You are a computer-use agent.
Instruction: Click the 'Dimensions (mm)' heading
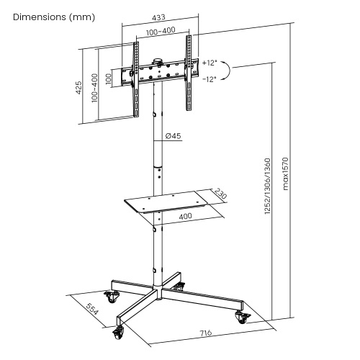coord(54,17)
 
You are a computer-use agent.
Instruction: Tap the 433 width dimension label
coord(158,17)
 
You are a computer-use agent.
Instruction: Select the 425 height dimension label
coord(78,87)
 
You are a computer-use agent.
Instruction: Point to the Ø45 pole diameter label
coord(174,136)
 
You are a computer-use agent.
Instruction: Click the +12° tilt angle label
coord(210,63)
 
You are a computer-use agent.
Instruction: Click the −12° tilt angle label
coord(210,79)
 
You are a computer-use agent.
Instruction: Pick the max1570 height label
coord(285,174)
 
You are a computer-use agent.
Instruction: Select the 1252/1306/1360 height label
coord(267,186)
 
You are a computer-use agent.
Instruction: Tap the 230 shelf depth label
coord(220,194)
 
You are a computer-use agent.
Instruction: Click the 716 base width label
coord(206,333)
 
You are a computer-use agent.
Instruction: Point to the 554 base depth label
coord(92,309)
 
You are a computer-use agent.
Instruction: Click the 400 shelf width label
coord(186,216)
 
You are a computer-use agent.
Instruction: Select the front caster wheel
coord(118,333)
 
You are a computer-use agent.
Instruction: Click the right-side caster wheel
coord(243,318)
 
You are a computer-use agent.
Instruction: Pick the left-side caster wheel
coord(111,297)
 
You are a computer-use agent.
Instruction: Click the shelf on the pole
coord(166,202)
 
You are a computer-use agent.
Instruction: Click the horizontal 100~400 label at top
coord(161,31)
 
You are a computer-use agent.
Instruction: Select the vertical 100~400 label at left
coord(95,88)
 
